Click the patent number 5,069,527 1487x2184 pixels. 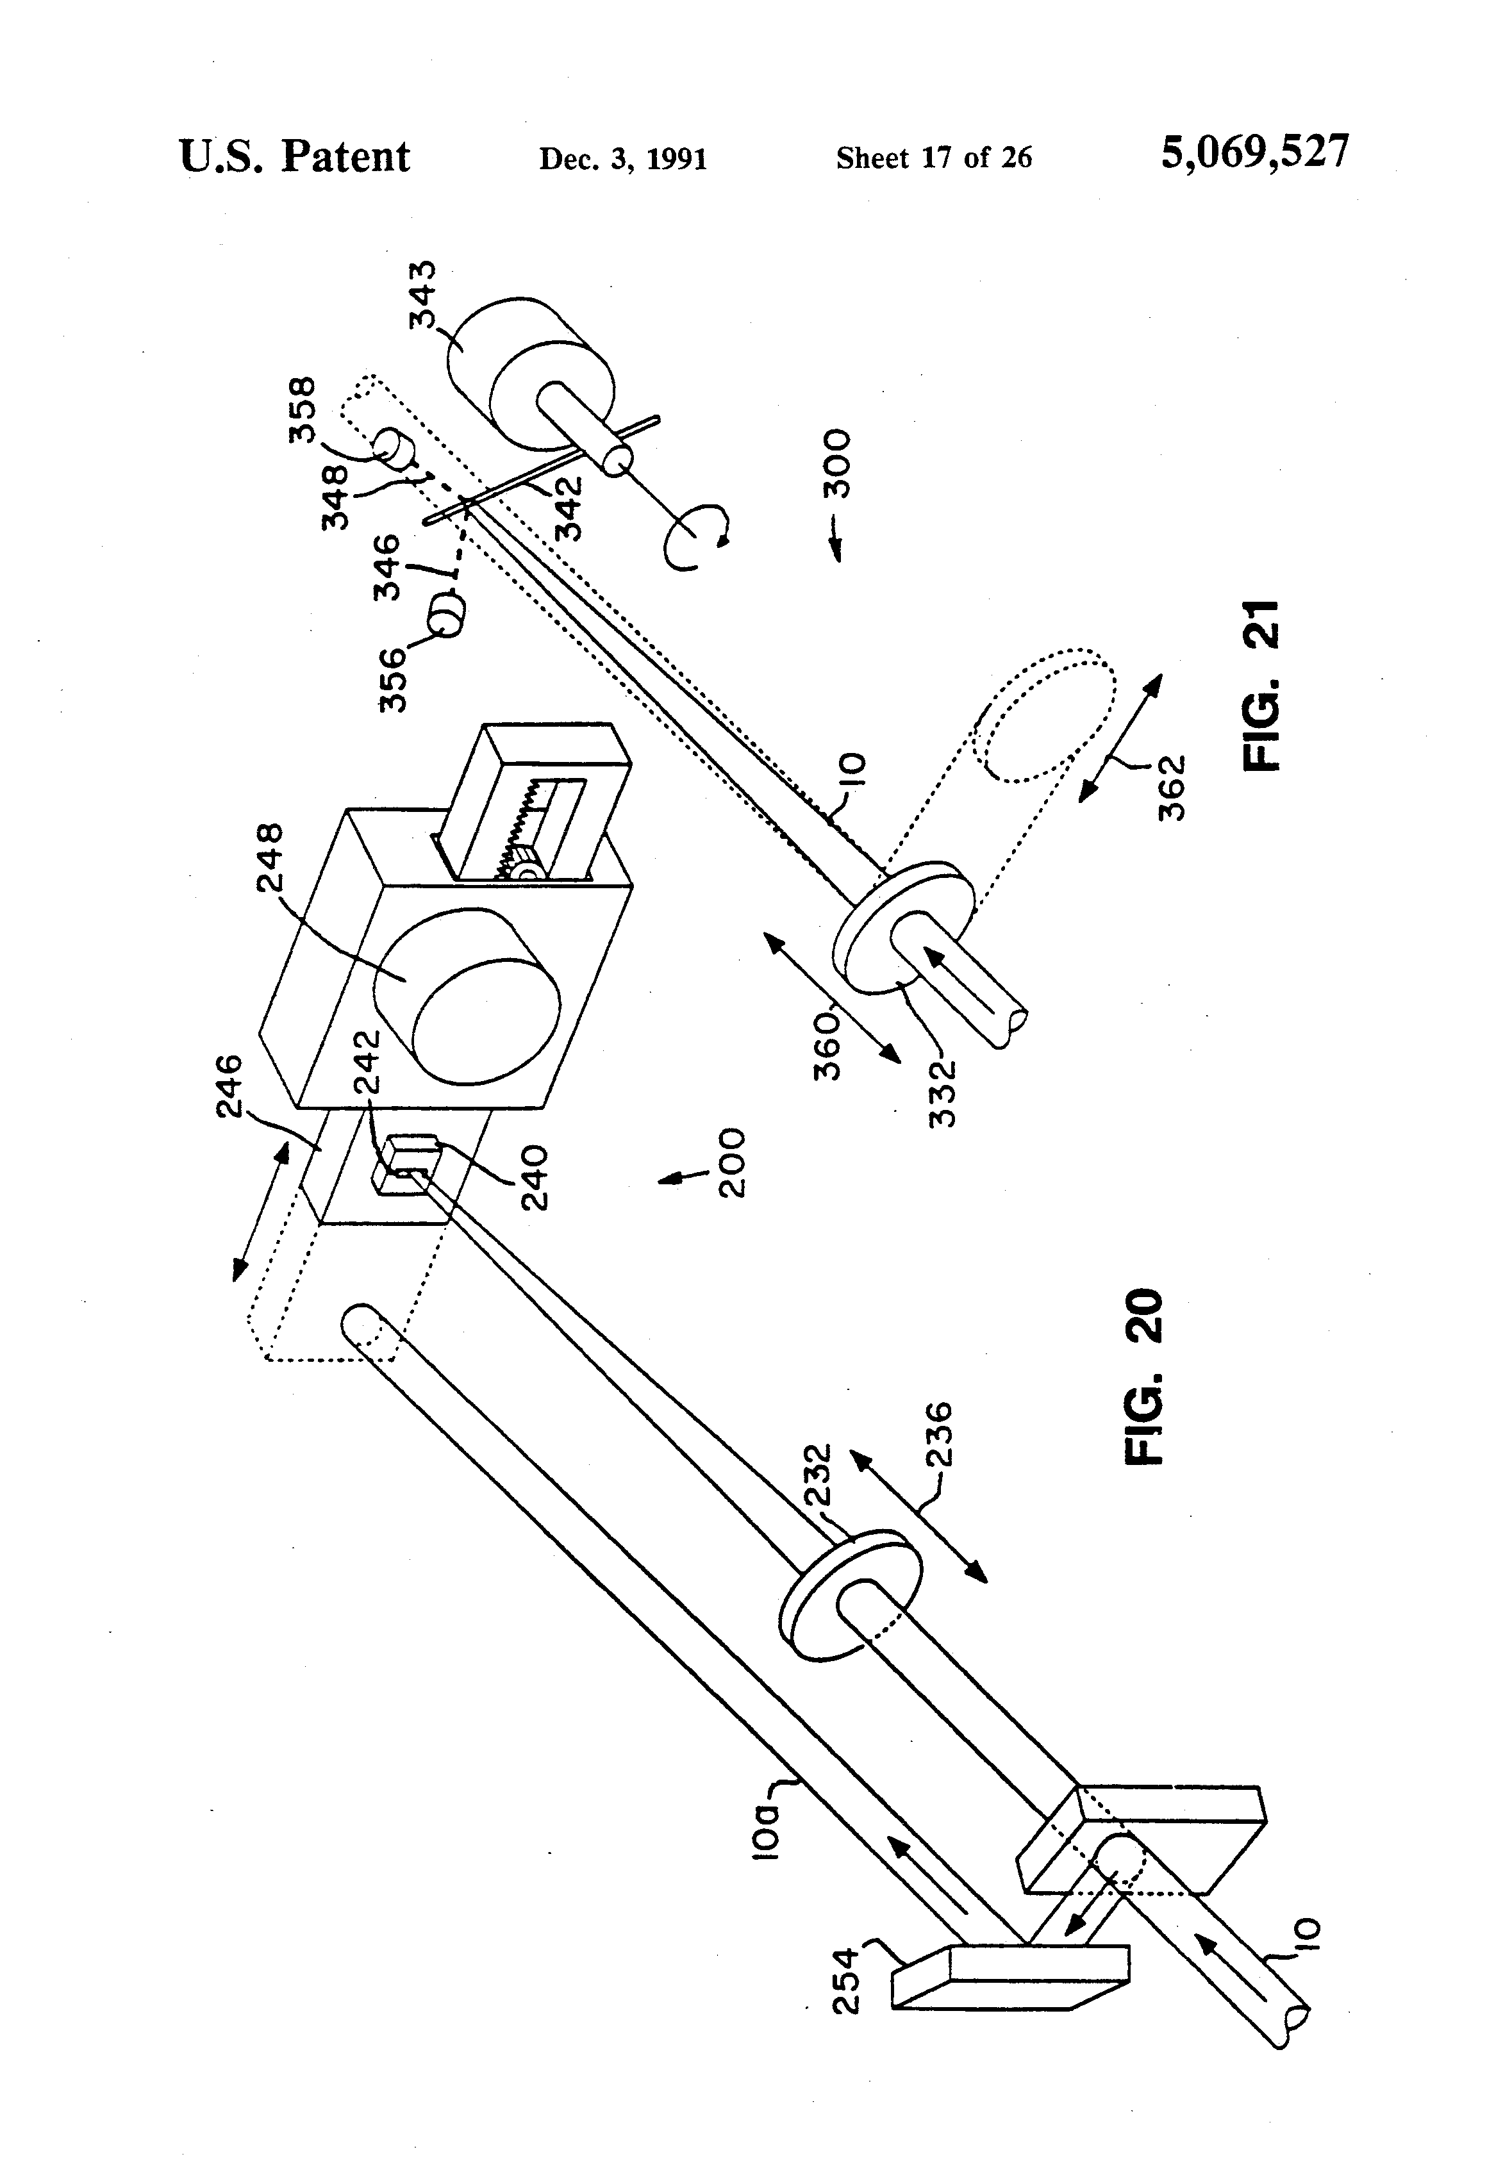[x=1255, y=153]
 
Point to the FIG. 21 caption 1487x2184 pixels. [x=1259, y=685]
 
